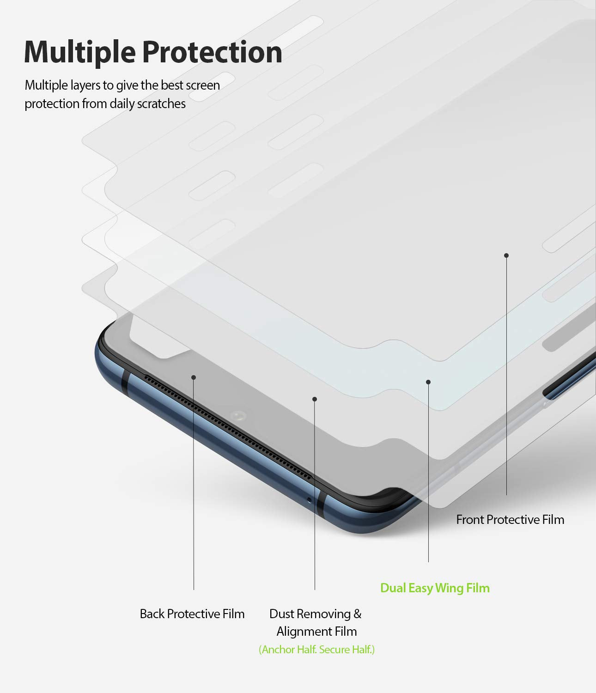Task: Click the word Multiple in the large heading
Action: click(x=80, y=53)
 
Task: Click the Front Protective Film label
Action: click(x=510, y=520)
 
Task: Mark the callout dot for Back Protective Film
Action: click(x=194, y=377)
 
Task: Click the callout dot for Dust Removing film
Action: click(x=315, y=399)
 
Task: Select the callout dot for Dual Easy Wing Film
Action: click(x=428, y=382)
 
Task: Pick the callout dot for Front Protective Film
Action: click(x=506, y=255)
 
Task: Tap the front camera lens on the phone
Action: click(x=238, y=416)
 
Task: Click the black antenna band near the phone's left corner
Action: click(x=124, y=382)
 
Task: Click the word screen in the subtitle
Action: click(x=203, y=85)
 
